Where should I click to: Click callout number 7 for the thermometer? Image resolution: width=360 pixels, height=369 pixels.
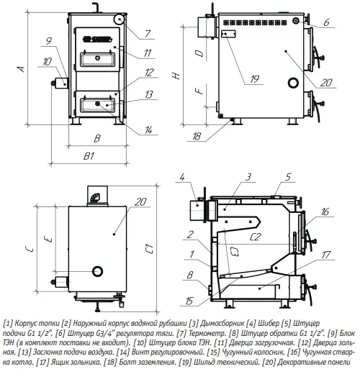point(148,34)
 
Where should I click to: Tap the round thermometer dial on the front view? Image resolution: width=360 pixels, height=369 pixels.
point(119,19)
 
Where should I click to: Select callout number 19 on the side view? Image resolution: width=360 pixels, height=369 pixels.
point(254,79)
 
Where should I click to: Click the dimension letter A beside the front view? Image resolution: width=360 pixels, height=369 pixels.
point(22,69)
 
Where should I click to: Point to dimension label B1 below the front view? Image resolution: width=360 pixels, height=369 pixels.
point(89,156)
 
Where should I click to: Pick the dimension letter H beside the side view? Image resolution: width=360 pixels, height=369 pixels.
point(176,76)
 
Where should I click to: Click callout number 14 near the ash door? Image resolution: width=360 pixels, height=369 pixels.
point(148,130)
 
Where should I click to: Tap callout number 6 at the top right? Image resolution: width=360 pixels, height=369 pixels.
point(326,22)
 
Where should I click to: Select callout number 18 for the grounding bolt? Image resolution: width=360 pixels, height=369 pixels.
point(197,137)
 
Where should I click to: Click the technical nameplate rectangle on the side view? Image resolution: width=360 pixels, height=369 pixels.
point(228,34)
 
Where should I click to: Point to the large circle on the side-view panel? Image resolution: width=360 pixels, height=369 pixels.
point(293,83)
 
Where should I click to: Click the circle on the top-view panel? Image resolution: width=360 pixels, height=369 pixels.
point(97,271)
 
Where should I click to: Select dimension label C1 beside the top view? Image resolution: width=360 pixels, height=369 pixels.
point(150,249)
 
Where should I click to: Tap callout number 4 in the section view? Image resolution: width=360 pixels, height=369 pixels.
point(182,178)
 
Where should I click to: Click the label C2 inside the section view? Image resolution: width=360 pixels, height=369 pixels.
point(255,237)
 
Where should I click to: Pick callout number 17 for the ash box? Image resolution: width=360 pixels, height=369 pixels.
point(326,255)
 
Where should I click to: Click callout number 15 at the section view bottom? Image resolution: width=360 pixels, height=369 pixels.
point(189,301)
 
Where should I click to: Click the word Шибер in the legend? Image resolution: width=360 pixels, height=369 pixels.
point(269,323)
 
